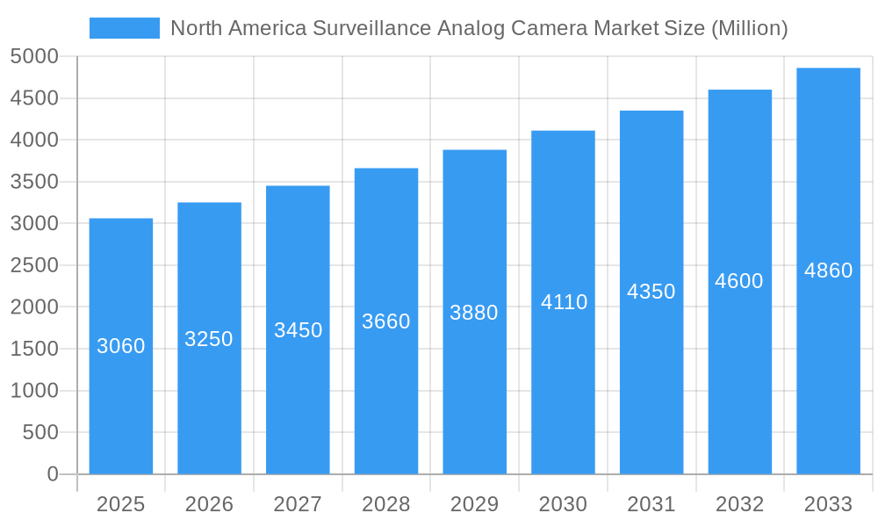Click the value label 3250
pos(209,339)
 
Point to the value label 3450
pos(298,330)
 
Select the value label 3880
pos(474,313)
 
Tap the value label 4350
pos(651,292)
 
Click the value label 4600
pos(739,281)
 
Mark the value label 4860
pos(828,271)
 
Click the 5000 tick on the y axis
pos(34,57)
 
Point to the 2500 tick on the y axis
pos(34,265)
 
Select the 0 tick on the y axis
pos(52,474)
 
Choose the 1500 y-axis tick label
pos(34,349)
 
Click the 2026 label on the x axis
pos(209,504)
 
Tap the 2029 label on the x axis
pos(474,504)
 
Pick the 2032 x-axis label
pos(739,504)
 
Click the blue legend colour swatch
pos(125,28)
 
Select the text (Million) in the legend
pos(748,28)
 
